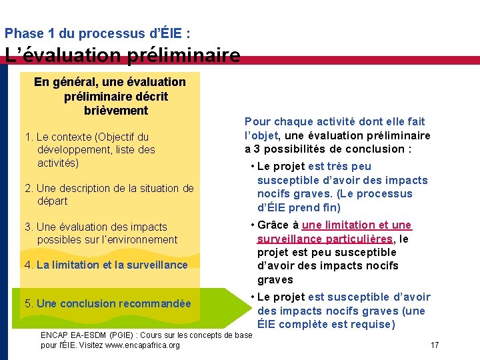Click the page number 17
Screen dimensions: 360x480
click(435, 345)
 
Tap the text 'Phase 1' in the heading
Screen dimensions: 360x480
click(27, 33)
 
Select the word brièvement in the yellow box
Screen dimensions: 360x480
click(116, 111)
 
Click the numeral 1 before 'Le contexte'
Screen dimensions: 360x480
click(27, 137)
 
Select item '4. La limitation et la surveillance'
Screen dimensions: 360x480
click(106, 265)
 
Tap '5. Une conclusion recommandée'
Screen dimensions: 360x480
click(108, 304)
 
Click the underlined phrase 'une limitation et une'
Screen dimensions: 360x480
click(357, 225)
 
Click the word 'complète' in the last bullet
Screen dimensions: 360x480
click(304, 325)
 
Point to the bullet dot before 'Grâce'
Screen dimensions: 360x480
click(252, 225)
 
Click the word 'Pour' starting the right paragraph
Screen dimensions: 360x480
click(257, 121)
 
